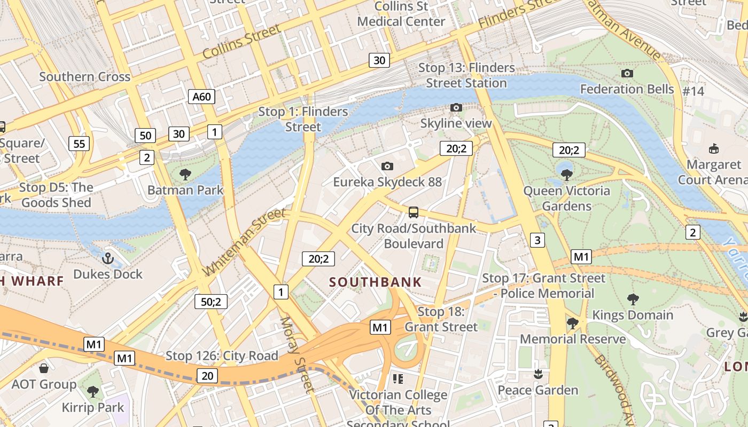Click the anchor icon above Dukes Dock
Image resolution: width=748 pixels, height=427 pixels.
coord(108,259)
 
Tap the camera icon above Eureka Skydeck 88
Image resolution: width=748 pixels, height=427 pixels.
coord(387,167)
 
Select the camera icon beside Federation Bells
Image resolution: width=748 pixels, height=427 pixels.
coord(627,73)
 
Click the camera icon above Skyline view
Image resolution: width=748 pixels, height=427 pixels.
coord(456,108)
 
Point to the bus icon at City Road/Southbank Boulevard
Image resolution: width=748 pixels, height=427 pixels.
coord(414,212)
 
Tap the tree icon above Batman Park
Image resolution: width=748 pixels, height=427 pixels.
coord(185,174)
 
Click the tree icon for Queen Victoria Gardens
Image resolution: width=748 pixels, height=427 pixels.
coord(567,175)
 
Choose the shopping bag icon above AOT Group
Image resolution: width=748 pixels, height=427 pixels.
coord(44,368)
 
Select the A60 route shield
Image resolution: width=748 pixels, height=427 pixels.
coord(202,97)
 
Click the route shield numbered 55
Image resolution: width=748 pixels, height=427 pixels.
coord(79,143)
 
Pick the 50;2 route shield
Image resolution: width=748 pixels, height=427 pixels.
coord(211,302)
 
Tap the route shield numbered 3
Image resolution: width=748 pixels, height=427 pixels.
coord(537,240)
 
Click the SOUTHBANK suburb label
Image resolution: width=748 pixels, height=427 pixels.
coord(375,282)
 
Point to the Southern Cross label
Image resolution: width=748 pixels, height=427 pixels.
coord(84,77)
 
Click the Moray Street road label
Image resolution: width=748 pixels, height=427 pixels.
coord(296,354)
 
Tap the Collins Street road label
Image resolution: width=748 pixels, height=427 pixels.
coord(241,42)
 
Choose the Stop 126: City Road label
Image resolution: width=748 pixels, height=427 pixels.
coord(222,356)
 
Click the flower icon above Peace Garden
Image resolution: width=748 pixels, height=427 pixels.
coord(538,374)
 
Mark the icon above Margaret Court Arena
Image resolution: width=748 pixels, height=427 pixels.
coord(713,148)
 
